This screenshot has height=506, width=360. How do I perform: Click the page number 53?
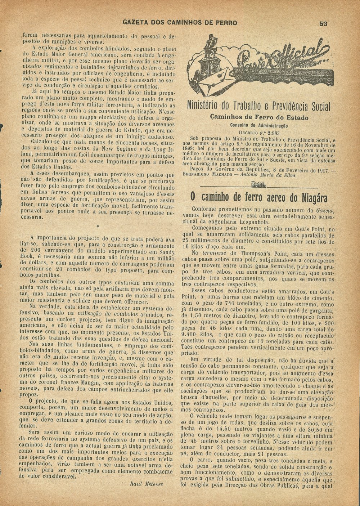(x=323, y=23)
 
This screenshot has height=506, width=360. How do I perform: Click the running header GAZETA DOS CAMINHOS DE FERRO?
(x=180, y=23)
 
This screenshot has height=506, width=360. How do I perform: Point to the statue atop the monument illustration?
(x=208, y=45)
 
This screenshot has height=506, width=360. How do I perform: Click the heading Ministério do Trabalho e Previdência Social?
(x=259, y=106)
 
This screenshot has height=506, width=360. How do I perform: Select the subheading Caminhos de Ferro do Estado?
(x=259, y=117)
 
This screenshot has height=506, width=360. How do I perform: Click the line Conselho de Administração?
(x=259, y=125)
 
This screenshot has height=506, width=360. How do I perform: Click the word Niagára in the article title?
(x=310, y=198)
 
